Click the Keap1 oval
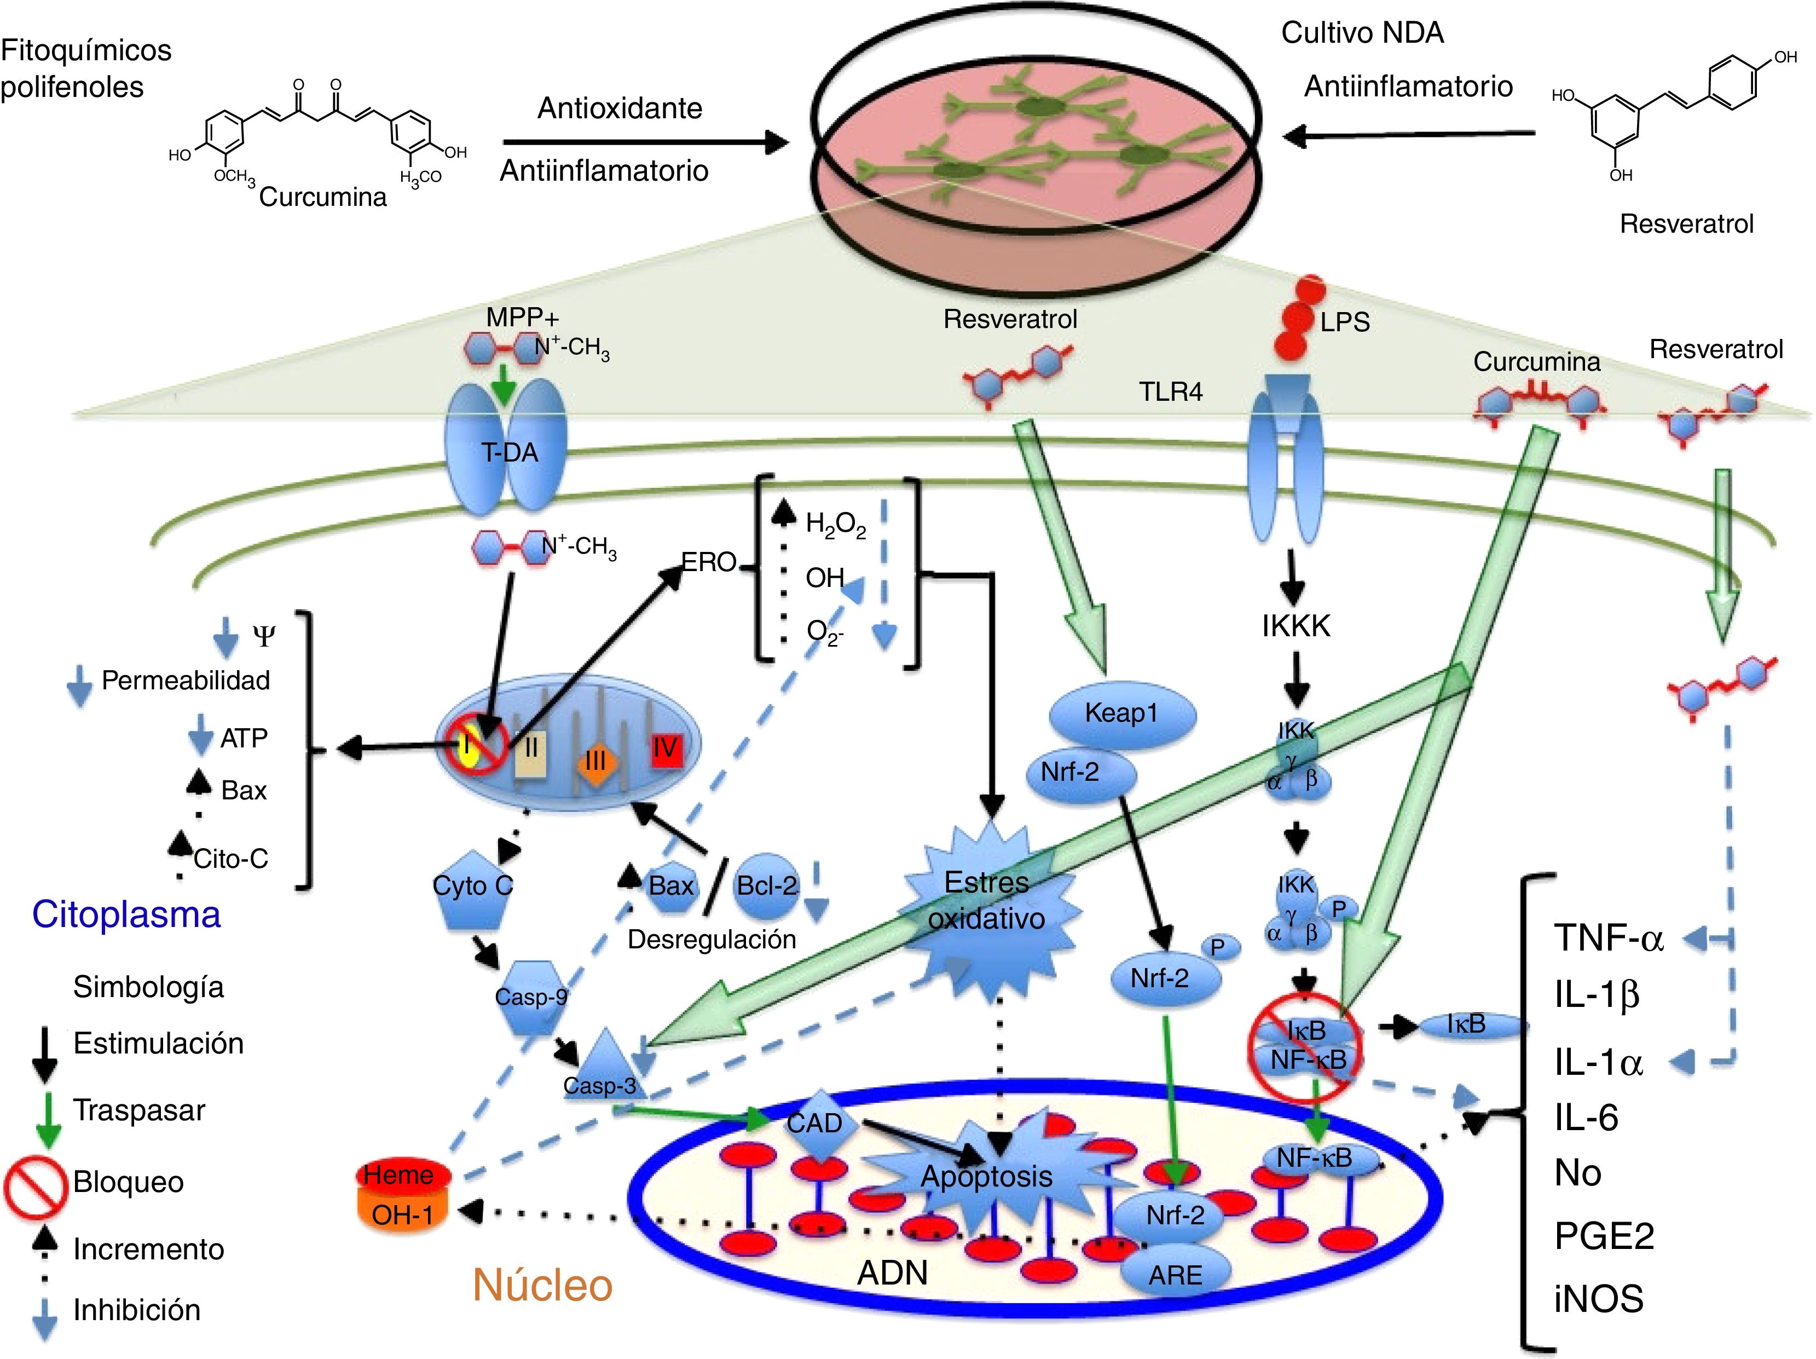[1121, 713]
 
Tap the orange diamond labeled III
[595, 761]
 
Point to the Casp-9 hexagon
[531, 998]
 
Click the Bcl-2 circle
[767, 885]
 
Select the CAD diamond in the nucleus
[816, 1124]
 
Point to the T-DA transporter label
[510, 452]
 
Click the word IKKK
[1296, 626]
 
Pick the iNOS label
[1598, 1299]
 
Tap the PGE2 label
[1604, 1236]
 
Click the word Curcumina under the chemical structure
[323, 197]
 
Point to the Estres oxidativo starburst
[987, 901]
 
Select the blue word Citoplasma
[126, 914]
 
